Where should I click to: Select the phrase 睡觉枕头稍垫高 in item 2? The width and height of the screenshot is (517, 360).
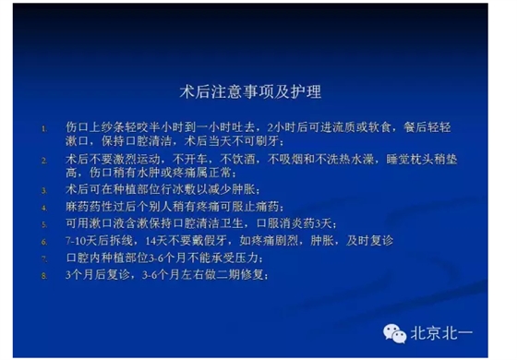(x=427, y=161)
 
